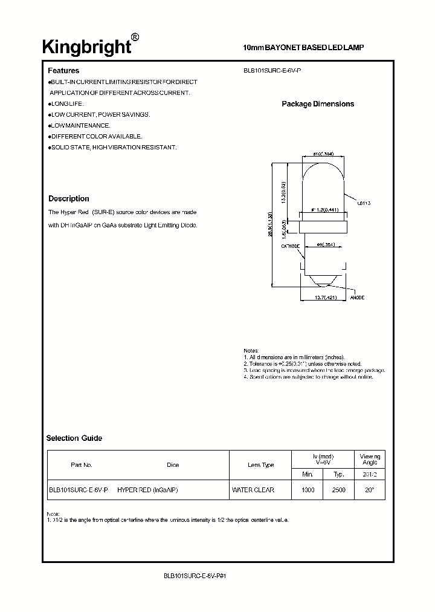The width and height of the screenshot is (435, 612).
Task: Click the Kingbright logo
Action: [86, 47]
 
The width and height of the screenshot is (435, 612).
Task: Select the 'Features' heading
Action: [63, 71]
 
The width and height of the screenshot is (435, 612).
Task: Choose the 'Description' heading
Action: [68, 198]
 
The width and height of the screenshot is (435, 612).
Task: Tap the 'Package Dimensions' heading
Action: [318, 104]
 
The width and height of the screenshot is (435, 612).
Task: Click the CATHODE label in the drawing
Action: [290, 246]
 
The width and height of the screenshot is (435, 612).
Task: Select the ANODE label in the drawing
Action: [357, 298]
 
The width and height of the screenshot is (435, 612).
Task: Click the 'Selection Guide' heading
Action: [74, 438]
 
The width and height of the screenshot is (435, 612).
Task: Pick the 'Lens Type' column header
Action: [260, 464]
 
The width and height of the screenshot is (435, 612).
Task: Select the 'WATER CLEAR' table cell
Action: [253, 490]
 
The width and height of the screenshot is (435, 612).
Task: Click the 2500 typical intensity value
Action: [339, 490]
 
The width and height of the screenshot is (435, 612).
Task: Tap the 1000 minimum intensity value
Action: [308, 490]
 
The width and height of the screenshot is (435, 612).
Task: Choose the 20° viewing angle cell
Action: [369, 490]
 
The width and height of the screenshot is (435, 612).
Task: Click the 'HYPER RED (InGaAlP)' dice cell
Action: [147, 490]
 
